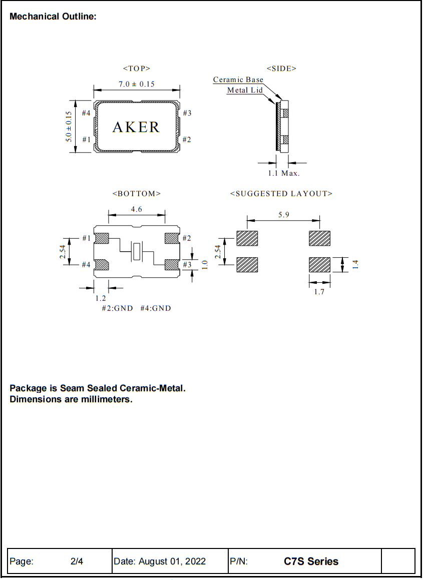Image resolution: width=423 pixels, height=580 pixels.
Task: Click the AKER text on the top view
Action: (136, 127)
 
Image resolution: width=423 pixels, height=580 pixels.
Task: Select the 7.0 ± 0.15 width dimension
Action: (136, 84)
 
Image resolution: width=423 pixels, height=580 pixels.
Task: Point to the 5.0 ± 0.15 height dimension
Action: (69, 127)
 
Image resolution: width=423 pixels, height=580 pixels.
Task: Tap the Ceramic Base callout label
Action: (238, 80)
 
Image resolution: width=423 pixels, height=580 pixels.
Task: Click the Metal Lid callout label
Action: (245, 90)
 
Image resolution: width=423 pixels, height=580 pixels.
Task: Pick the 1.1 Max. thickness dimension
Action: (283, 173)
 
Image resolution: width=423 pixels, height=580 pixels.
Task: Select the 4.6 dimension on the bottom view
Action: (136, 209)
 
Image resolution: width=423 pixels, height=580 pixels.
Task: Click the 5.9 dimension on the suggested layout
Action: (283, 215)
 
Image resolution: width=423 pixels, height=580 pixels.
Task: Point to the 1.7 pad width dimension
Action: (319, 292)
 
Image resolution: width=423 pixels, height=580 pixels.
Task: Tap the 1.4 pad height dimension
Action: (355, 264)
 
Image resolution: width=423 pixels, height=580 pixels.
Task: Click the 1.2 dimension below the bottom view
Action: (101, 298)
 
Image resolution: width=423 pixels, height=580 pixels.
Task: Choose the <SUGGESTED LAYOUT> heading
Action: (281, 194)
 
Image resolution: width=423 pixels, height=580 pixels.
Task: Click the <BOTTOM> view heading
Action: (137, 194)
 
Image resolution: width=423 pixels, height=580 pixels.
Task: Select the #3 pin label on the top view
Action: (187, 113)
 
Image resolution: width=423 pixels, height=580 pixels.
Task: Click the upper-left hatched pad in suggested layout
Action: (247, 238)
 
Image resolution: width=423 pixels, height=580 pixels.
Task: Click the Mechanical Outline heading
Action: (53, 17)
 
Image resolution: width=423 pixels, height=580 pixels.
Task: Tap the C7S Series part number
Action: (311, 561)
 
